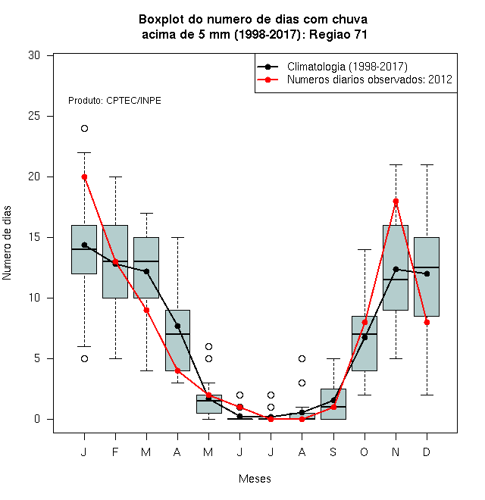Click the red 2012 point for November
pos(396,202)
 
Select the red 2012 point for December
pos(427,323)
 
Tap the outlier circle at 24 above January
pos(84,129)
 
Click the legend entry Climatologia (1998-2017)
pos(347,67)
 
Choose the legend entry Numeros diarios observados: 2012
pos(370,80)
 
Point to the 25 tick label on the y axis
pos(34,116)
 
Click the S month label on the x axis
pos(333,452)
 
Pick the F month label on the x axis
pos(115,452)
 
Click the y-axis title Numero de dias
pos(7,243)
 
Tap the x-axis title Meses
pos(255,479)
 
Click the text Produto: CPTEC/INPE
pos(114,101)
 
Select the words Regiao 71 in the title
pos(338,34)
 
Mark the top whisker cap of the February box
pos(115,177)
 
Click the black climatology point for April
pos(177,326)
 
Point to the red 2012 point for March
pos(146,311)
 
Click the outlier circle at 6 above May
pos(208,347)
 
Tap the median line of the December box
pos(427,267)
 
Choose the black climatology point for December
pos(427,273)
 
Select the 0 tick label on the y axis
pos(37,419)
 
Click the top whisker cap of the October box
pos(365,250)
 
